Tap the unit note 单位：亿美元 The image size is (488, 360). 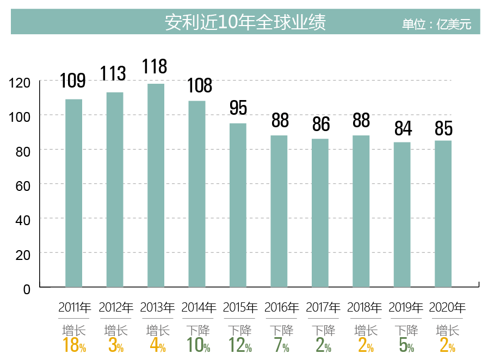436,24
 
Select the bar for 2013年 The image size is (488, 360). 156,185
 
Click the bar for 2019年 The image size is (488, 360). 402,214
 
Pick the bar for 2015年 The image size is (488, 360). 238,205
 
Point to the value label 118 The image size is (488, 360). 155,66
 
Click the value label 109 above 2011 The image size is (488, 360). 73,80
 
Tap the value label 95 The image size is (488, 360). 238,108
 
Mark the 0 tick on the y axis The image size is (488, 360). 27,289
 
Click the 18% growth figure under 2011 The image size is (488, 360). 75,345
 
